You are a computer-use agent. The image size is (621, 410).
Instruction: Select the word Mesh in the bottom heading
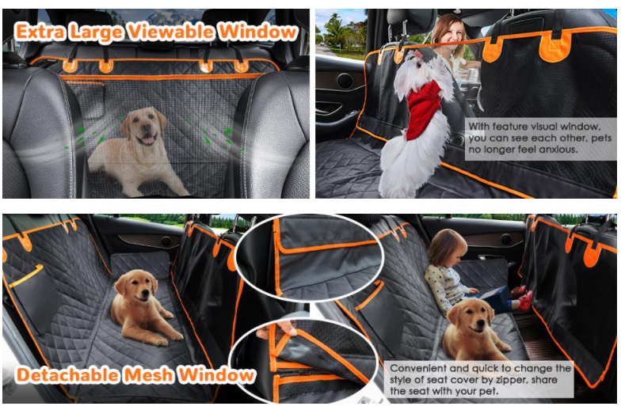[150, 374]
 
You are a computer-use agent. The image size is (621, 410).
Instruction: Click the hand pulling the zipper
[265, 332]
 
